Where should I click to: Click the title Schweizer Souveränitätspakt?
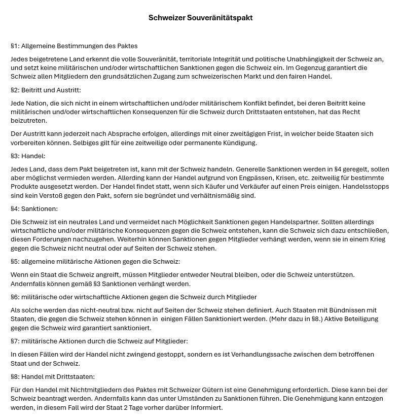point(201,18)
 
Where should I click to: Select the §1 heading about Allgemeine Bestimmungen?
point(74,46)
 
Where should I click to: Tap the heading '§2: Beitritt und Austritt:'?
point(46,90)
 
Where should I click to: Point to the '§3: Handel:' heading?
point(28,156)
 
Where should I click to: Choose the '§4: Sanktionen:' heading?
point(34,208)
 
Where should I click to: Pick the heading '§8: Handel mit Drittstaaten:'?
point(53,376)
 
